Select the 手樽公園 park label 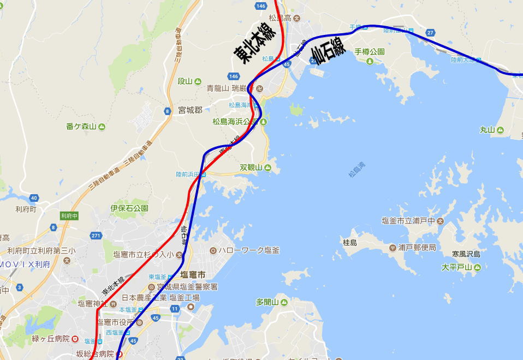coord(370,52)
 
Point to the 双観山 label coord(251,167)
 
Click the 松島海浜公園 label coord(236,122)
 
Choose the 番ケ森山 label coord(81,127)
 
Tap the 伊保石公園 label coord(129,208)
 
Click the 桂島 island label coord(349,242)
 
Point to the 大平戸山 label coord(456,267)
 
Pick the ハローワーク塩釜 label coord(249,250)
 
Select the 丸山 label coord(487,130)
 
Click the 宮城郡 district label coord(190,110)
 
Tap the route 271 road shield coord(96,236)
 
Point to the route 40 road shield coord(34,198)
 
